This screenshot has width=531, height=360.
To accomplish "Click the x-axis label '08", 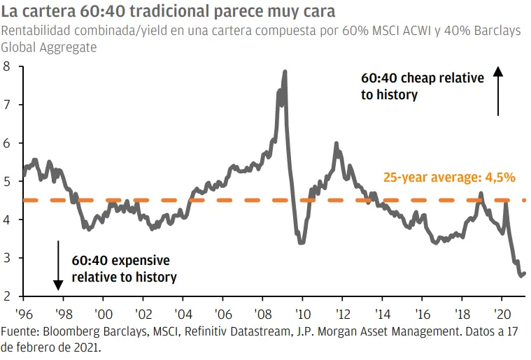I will click(x=263, y=314).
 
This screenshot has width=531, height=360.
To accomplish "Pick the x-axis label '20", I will click(x=502, y=314).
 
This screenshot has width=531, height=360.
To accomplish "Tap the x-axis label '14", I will click(x=382, y=314).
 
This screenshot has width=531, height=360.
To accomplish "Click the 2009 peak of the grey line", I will click(x=285, y=71).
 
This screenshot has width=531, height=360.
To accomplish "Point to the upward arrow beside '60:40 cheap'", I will click(x=498, y=91).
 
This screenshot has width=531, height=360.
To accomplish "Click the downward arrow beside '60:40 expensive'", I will click(x=59, y=265).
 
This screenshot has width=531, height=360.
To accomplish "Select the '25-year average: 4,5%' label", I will click(x=449, y=178).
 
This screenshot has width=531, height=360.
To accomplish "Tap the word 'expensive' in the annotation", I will click(x=137, y=261).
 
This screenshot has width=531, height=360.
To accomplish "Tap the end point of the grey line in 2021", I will click(x=525, y=273).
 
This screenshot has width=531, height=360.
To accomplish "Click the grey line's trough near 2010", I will click(x=302, y=242).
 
